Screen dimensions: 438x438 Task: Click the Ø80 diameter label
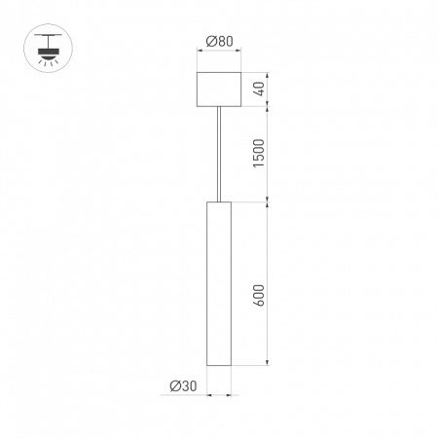pyautogui.click(x=219, y=42)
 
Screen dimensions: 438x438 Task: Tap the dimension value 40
pyautogui.click(x=258, y=89)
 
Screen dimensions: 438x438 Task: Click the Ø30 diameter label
pyautogui.click(x=181, y=386)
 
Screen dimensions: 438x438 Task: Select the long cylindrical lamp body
pyautogui.click(x=219, y=282)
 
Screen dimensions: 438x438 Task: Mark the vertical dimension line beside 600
pyautogui.click(x=270, y=283)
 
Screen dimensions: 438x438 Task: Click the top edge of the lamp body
pyautogui.click(x=219, y=202)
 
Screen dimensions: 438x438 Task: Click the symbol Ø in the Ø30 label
pyautogui.click(x=173, y=386)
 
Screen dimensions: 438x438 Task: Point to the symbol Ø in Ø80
pyautogui.click(x=211, y=42)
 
